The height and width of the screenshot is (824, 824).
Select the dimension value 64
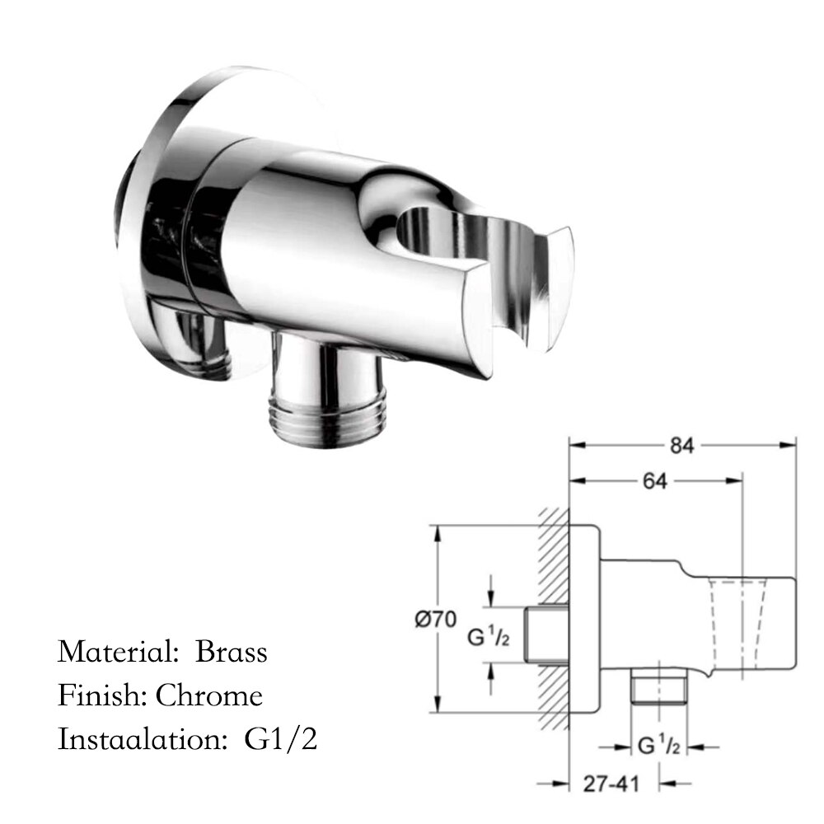coord(654,481)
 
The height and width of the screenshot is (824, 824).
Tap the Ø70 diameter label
coord(438,618)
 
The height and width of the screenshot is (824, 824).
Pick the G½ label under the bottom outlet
coord(658,747)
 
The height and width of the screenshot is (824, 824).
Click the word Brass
coord(232,652)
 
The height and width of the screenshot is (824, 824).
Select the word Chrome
coord(209,695)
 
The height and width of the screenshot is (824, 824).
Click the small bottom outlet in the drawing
coord(658,688)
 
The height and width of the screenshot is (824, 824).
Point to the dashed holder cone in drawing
coord(736,622)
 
